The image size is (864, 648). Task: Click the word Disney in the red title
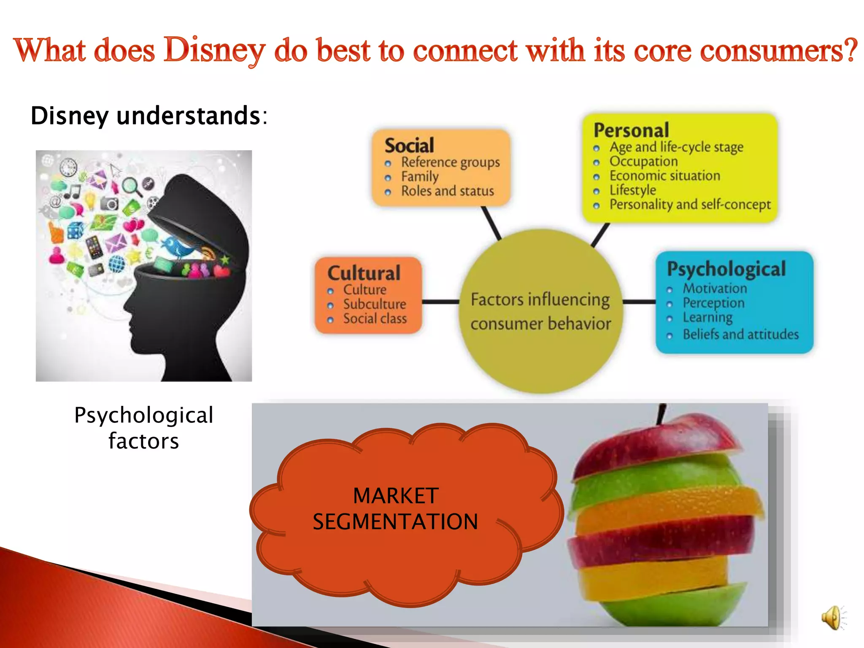coord(214,51)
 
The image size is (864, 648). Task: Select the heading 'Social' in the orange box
coord(409,146)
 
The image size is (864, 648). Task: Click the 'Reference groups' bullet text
coord(450,162)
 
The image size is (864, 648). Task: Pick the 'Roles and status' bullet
coord(447,191)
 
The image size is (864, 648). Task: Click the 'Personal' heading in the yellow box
coord(631,130)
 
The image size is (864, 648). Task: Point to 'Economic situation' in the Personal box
coord(664,176)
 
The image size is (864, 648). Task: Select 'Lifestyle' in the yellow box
coord(632,190)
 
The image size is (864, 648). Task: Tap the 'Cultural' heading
coord(364,273)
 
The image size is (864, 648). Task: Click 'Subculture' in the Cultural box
coord(374,304)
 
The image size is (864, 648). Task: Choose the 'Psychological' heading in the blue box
coord(726,269)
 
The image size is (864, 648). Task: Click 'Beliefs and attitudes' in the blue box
coord(740,335)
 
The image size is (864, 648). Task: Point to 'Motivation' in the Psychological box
coord(715,289)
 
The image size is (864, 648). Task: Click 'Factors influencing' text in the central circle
coord(540,300)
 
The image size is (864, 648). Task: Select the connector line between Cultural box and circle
coord(440,302)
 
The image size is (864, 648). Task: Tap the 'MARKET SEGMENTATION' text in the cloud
coord(395,508)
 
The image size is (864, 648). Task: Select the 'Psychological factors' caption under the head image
coord(143,428)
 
